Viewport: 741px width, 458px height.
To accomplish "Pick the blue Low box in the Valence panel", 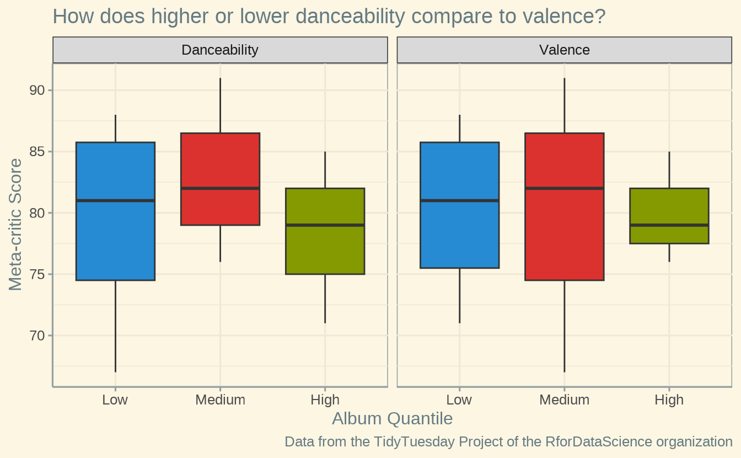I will coord(459,237).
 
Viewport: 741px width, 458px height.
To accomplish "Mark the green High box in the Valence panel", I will coord(669,235).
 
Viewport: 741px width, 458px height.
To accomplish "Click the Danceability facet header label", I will coord(220,50).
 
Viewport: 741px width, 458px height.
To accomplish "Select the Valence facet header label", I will coord(564,50).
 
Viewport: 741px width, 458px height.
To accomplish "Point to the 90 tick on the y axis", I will coord(37,90).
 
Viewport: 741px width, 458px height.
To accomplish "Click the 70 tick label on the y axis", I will coord(37,335).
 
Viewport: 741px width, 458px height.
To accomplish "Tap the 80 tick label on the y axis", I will coord(37,213).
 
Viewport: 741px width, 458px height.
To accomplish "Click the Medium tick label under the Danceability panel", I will coord(220,400).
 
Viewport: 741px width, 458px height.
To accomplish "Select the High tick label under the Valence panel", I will coord(669,400).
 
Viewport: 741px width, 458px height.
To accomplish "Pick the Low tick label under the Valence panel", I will coord(459,400).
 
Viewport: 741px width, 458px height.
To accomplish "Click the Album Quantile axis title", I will coord(392,419).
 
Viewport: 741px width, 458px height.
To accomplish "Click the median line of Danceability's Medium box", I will coord(220,188).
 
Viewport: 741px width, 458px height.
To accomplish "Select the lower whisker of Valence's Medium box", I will coord(564,326).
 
